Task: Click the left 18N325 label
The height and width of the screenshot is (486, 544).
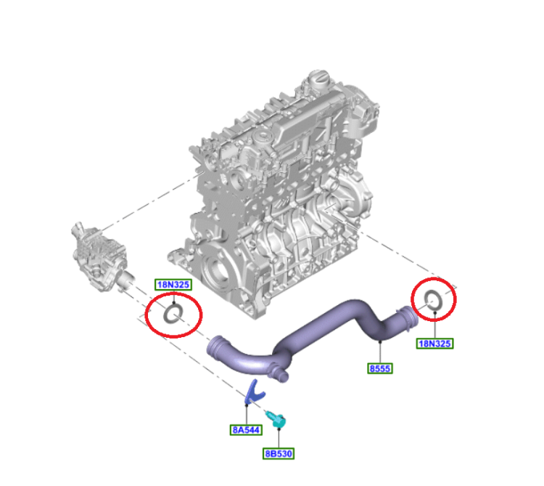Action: click(x=173, y=285)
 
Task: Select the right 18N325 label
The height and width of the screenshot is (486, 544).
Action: click(x=434, y=344)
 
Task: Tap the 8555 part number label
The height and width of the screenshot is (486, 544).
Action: click(x=380, y=368)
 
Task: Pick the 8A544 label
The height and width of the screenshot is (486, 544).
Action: click(x=246, y=430)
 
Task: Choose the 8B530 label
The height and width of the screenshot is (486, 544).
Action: click(x=279, y=454)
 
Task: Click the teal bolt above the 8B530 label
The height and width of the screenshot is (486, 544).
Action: click(x=277, y=420)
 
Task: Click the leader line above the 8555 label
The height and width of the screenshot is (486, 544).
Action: click(x=380, y=352)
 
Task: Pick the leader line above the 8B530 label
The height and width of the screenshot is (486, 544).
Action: click(x=279, y=438)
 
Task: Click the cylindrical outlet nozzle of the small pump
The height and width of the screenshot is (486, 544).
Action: click(x=126, y=279)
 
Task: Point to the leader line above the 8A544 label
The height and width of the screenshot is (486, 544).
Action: click(x=247, y=414)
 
